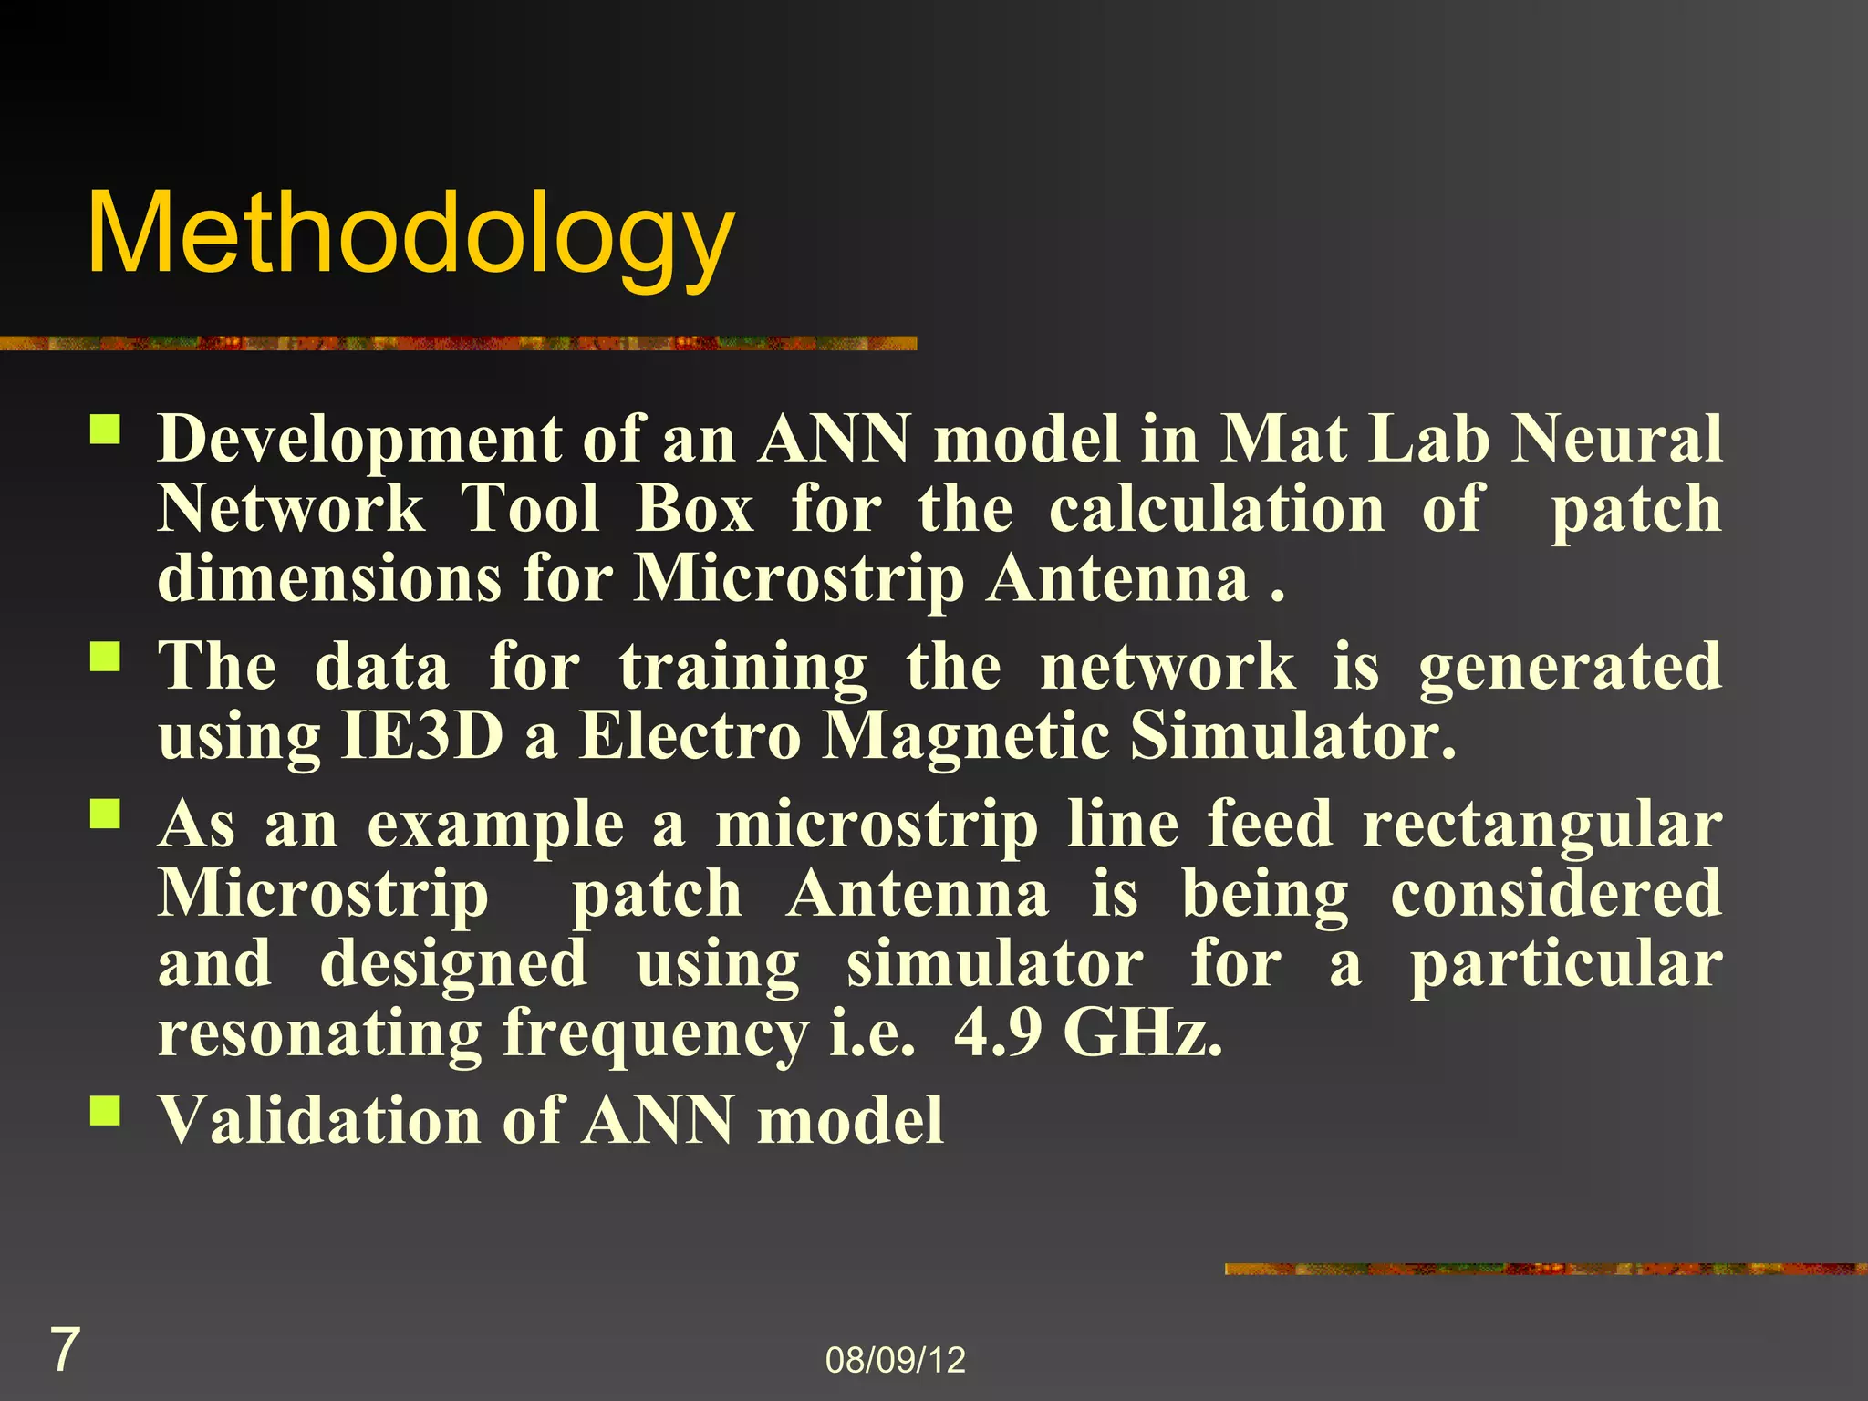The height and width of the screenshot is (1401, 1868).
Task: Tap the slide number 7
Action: (x=64, y=1350)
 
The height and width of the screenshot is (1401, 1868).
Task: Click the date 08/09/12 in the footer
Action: (x=895, y=1360)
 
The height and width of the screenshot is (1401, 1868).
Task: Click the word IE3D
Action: (x=421, y=736)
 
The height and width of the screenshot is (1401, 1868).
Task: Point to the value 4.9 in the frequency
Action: (x=997, y=1033)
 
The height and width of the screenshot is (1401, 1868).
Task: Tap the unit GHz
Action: (x=1142, y=1033)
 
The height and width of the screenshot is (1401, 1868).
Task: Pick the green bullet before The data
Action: (x=105, y=656)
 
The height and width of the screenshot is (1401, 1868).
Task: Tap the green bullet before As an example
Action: (x=105, y=813)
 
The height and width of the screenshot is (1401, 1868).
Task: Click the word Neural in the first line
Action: (x=1617, y=439)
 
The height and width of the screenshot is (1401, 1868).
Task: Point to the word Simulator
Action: (x=1292, y=736)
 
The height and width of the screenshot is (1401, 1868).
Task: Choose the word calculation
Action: (x=1217, y=509)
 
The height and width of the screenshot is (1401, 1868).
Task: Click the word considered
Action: (x=1556, y=894)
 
